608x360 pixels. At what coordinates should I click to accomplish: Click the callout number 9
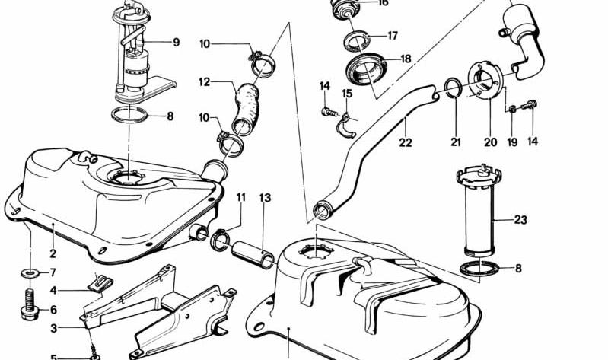point(176,42)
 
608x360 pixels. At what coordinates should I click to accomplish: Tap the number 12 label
point(205,82)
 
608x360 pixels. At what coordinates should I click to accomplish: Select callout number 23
point(520,220)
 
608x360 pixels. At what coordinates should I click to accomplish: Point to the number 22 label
point(406,142)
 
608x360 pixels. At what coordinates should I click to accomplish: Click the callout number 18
point(406,59)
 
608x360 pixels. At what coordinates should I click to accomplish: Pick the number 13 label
point(266,198)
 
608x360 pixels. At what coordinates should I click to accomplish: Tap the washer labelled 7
point(30,273)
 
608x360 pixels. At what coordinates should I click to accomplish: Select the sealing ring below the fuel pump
point(129,115)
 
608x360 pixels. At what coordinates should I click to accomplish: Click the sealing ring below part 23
point(479,269)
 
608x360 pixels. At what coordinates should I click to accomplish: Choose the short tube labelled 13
point(253,254)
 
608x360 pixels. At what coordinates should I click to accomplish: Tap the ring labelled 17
point(358,42)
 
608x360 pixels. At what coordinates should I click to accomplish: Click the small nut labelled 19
point(512,110)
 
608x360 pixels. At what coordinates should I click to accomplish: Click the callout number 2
point(53,253)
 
